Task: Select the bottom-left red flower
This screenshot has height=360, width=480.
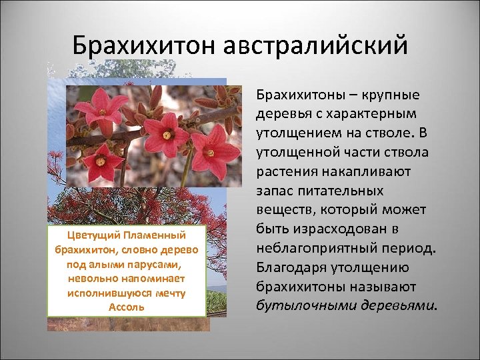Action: click(x=101, y=161)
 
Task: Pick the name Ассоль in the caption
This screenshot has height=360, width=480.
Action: click(x=126, y=307)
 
